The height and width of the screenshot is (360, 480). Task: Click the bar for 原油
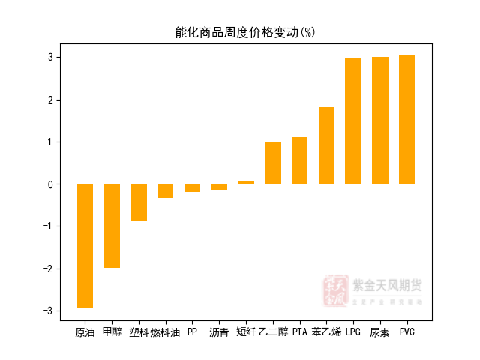point(85,245)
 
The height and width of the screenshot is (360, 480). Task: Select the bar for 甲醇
point(112,226)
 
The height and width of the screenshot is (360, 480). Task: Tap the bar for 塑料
point(139,202)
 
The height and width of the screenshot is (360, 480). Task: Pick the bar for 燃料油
point(165,190)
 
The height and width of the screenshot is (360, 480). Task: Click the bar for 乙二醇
point(273,163)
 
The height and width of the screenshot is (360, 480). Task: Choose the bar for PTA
point(299,160)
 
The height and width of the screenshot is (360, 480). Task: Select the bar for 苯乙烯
point(326,145)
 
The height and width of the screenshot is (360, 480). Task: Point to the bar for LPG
point(353,121)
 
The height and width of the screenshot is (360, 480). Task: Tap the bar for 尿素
point(380,121)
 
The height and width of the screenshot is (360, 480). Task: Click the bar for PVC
point(406,120)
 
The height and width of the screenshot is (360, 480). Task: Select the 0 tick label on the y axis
point(50,184)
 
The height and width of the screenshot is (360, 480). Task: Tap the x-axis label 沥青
point(219,331)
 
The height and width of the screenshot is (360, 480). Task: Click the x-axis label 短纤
point(246,331)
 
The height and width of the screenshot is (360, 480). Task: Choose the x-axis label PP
point(192,331)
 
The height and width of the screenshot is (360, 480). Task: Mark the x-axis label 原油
point(85,331)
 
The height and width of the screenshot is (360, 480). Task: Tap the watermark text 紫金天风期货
point(387,286)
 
